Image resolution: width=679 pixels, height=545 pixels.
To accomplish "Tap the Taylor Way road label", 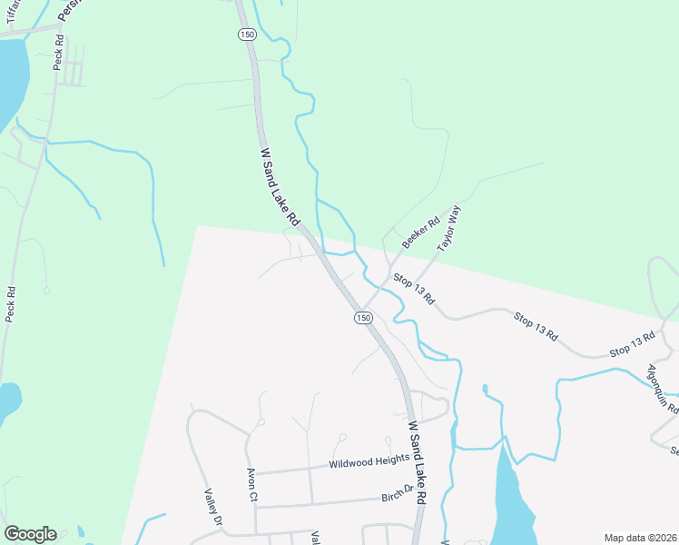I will (449, 228).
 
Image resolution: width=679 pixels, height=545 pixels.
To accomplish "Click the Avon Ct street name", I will (252, 486).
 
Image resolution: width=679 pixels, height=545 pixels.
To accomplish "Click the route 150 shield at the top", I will (247, 34).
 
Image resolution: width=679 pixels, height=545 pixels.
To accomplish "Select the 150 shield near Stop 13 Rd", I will (363, 317).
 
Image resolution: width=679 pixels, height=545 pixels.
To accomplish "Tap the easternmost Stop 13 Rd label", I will (632, 343).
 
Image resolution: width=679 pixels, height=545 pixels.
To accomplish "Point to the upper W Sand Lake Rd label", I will (280, 188).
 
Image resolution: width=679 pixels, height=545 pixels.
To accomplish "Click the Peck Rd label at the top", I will (60, 52).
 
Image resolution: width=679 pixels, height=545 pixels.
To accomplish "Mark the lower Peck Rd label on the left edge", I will (11, 305).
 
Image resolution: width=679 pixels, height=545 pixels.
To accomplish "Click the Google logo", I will (30, 534).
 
